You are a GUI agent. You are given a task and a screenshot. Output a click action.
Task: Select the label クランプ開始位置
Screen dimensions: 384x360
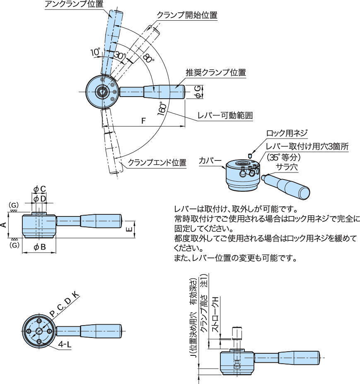(x=187, y=15)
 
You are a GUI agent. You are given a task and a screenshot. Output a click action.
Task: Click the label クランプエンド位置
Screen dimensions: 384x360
(x=157, y=163)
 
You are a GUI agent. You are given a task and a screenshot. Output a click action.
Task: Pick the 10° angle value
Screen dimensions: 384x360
(x=95, y=52)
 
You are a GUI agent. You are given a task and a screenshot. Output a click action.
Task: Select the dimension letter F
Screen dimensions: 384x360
(x=143, y=121)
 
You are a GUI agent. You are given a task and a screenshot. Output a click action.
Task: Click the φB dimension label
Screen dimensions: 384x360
(x=39, y=247)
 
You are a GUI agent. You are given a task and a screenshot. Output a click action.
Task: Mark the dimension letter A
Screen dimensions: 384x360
(x=4, y=225)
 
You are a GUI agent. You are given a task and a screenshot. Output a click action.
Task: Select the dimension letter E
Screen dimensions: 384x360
(x=129, y=228)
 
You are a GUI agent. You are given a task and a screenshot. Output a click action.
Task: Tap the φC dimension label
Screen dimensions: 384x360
(x=39, y=189)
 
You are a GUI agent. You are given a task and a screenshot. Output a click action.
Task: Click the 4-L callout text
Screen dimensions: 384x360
(x=65, y=345)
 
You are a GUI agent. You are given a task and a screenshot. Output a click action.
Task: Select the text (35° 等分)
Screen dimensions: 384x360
(x=284, y=157)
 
